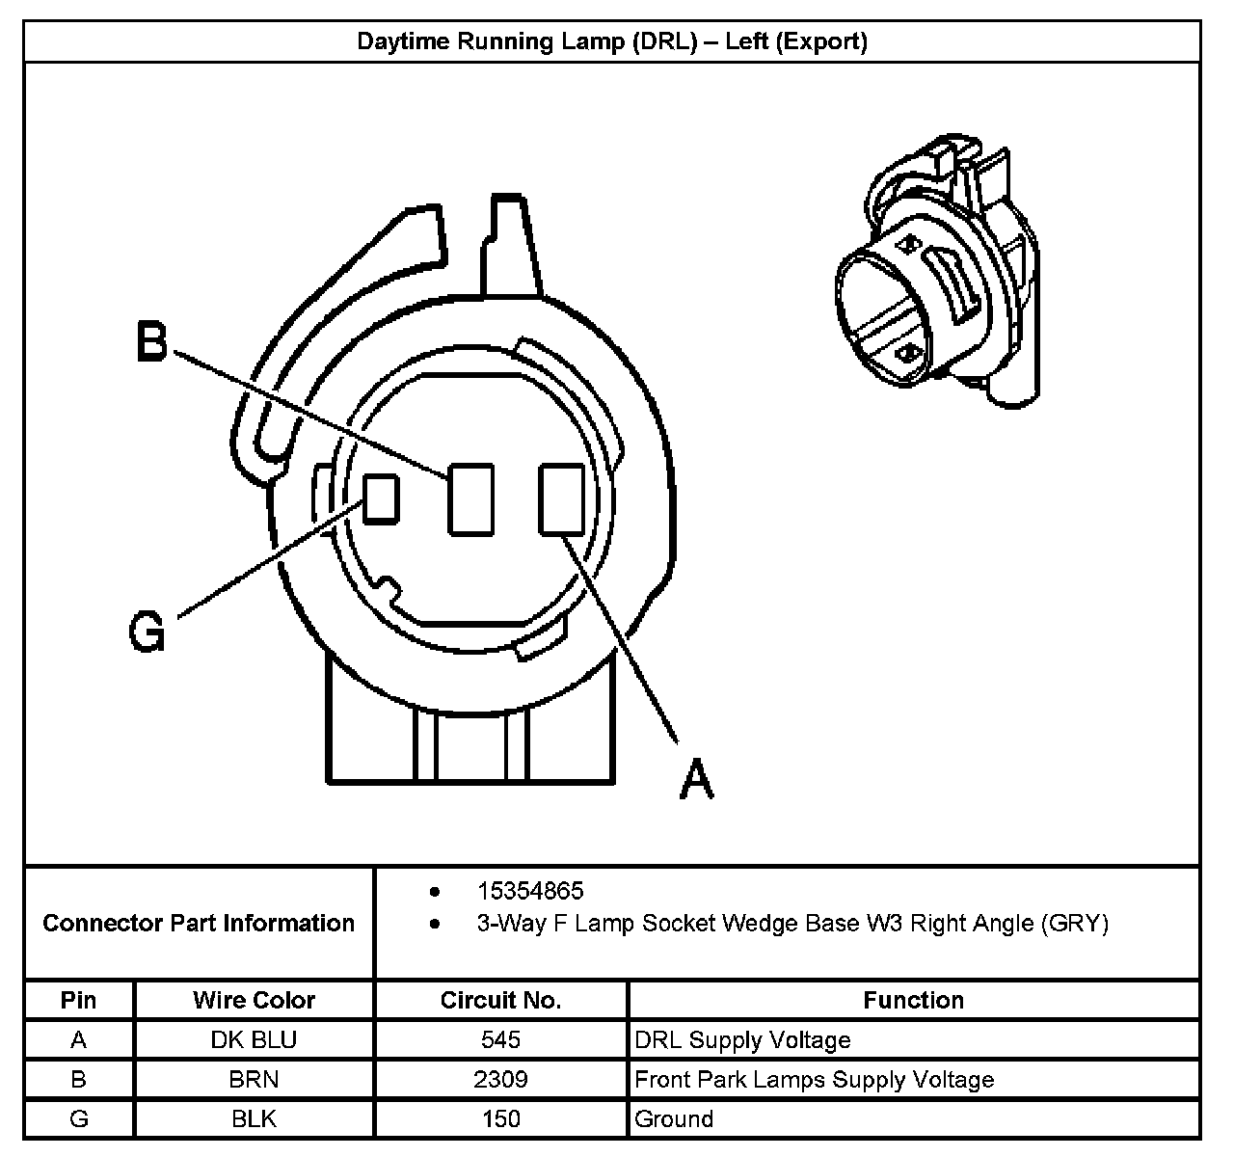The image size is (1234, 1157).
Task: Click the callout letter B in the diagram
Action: coord(150,342)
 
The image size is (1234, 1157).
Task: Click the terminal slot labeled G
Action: coord(381,498)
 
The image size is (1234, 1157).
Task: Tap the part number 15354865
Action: coord(530,891)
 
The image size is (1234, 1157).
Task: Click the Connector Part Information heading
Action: coord(199,923)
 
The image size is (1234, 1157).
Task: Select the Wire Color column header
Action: coord(254,1000)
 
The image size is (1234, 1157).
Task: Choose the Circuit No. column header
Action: coord(500,1000)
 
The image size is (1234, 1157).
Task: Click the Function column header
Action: coord(913,1000)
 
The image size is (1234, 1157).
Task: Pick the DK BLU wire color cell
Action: coord(254,1039)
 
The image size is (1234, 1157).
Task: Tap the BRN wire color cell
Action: coord(254,1079)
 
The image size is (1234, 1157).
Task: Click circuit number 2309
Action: coord(500,1079)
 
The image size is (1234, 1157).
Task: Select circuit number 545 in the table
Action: coord(500,1039)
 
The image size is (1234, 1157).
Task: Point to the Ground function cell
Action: coord(674,1118)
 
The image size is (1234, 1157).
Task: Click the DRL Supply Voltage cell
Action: coord(742,1039)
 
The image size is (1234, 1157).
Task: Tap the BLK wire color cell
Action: coord(254,1118)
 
